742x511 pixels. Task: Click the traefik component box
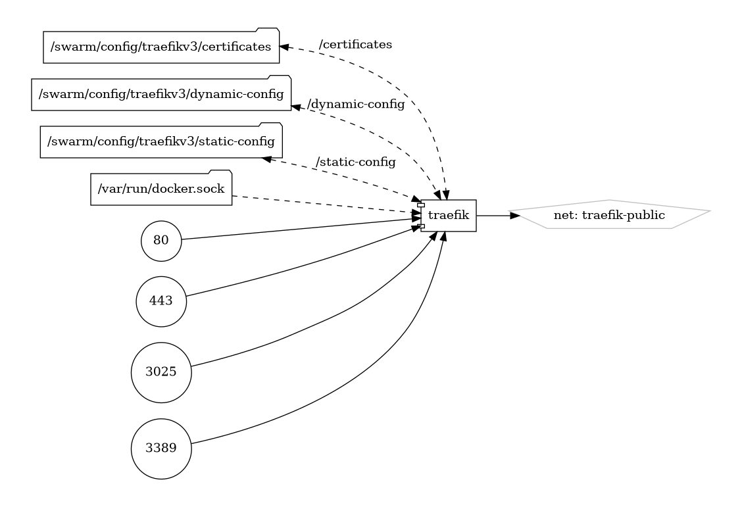click(x=449, y=216)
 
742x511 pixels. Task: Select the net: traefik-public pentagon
click(x=610, y=215)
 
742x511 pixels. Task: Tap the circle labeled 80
click(x=161, y=241)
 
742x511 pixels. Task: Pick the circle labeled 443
click(x=161, y=301)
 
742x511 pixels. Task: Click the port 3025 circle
click(x=161, y=372)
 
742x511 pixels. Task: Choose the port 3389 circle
click(x=161, y=449)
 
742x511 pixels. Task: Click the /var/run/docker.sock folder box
click(x=161, y=189)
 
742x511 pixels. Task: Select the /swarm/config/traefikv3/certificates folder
click(x=161, y=47)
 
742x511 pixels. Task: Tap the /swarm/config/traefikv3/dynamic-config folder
click(x=161, y=94)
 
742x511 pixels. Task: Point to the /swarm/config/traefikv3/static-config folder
click(x=161, y=141)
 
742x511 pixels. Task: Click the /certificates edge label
click(x=355, y=45)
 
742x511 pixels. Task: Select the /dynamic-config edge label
click(x=355, y=105)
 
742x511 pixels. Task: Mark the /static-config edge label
click(x=355, y=162)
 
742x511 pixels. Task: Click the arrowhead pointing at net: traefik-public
click(x=514, y=215)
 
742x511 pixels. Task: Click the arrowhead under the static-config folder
click(x=267, y=159)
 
